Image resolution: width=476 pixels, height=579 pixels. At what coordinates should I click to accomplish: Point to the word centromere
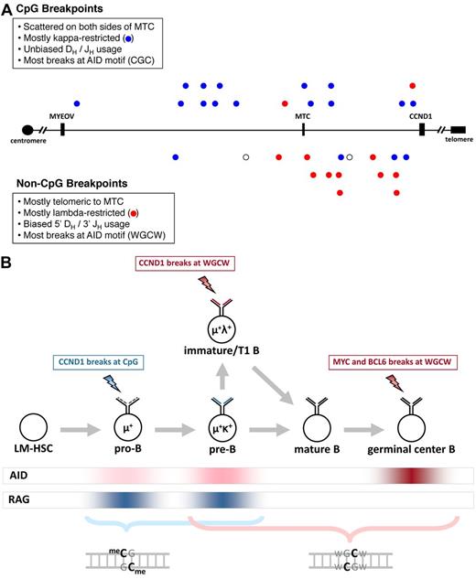pos(26,145)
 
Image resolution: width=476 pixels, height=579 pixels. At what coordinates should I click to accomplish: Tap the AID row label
pos(16,476)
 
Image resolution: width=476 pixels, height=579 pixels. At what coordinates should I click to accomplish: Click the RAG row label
pos(17,499)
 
